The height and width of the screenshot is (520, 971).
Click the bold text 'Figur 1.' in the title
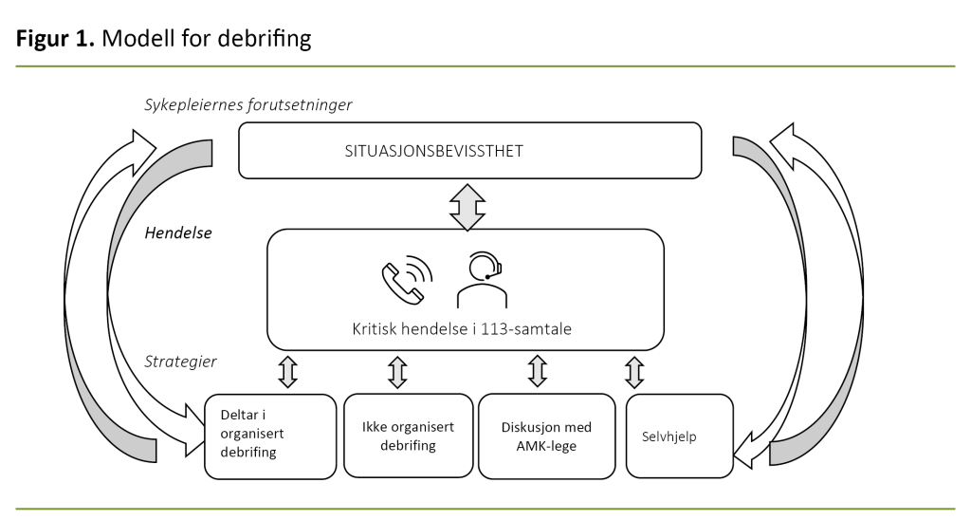pyautogui.click(x=54, y=39)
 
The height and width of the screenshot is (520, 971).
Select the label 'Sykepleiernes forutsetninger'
pyautogui.click(x=247, y=104)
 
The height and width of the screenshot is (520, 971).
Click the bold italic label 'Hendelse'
pyautogui.click(x=178, y=232)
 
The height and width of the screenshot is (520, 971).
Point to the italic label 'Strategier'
pyautogui.click(x=180, y=362)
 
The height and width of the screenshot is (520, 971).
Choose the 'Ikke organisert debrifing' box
pyautogui.click(x=408, y=436)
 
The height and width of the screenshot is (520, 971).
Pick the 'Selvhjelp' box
pyautogui.click(x=679, y=436)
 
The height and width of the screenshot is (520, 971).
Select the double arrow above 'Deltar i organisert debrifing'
pyautogui.click(x=287, y=371)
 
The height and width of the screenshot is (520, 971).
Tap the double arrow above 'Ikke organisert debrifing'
pyautogui.click(x=398, y=371)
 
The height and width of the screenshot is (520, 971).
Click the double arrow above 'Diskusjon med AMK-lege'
pyautogui.click(x=537, y=371)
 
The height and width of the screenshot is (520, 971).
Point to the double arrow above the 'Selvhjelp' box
pyautogui.click(x=634, y=371)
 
